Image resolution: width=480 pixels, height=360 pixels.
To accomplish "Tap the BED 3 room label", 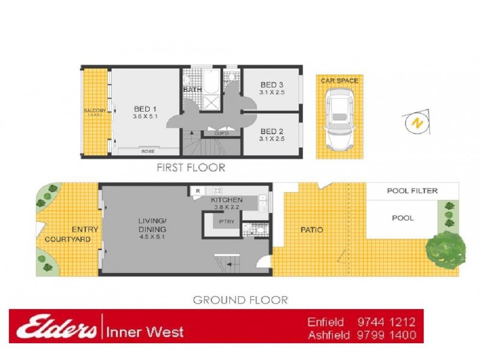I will pos(272,85).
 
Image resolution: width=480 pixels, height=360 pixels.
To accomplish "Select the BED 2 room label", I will pos(272,131).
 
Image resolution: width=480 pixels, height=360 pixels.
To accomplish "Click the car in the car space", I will pos(339,120).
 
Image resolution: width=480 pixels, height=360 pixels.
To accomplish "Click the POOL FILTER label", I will pos(412,191).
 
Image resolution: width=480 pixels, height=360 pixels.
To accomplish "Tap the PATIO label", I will pos(311,230).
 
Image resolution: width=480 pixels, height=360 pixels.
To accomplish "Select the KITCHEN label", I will pos(226,200).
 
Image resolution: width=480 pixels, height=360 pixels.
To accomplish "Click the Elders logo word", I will pos(57,327).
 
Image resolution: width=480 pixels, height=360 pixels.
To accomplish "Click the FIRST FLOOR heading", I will pos(191,168).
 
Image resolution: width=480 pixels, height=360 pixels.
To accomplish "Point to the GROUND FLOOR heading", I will pos(240,299).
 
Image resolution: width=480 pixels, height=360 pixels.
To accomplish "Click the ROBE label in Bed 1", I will pos(148,152).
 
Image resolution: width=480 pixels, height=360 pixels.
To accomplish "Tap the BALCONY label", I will pos(95,110).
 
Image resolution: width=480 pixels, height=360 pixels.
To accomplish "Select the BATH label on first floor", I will pos(192,90).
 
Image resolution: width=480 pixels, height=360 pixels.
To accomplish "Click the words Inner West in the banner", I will pos(145,331).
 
